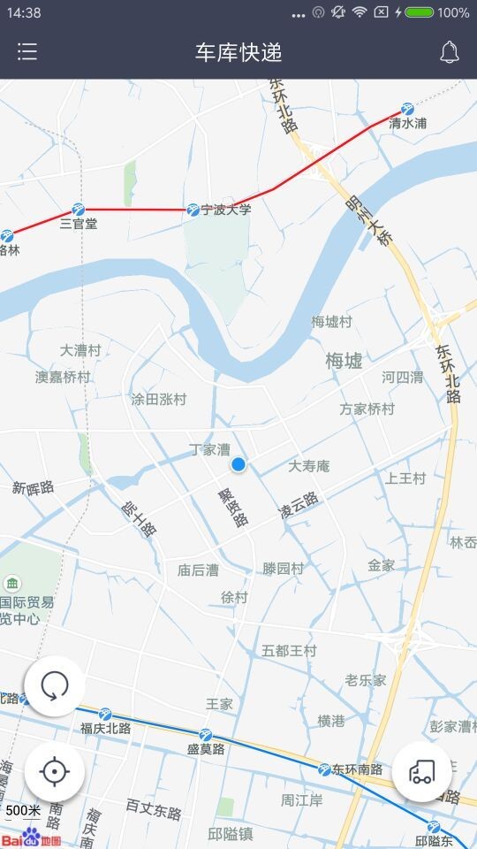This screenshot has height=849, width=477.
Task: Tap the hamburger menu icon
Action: (27, 52)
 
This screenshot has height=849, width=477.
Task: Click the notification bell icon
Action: (449, 52)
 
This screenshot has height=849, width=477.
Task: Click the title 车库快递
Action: (238, 52)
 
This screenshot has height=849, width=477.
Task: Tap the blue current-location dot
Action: (238, 464)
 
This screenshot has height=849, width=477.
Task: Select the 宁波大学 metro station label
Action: (226, 210)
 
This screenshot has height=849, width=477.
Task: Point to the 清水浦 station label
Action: (408, 124)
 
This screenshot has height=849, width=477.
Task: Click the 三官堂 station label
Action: (79, 224)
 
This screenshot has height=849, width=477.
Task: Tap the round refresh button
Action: (55, 685)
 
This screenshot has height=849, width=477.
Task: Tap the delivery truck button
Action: (421, 771)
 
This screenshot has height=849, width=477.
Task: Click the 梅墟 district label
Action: (344, 361)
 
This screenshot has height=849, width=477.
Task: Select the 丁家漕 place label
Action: (209, 449)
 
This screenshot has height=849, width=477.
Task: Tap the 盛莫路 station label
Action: (206, 749)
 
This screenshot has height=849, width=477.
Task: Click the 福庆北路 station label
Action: (105, 728)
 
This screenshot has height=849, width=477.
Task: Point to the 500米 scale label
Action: (23, 810)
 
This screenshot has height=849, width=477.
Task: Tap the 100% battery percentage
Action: (452, 12)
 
